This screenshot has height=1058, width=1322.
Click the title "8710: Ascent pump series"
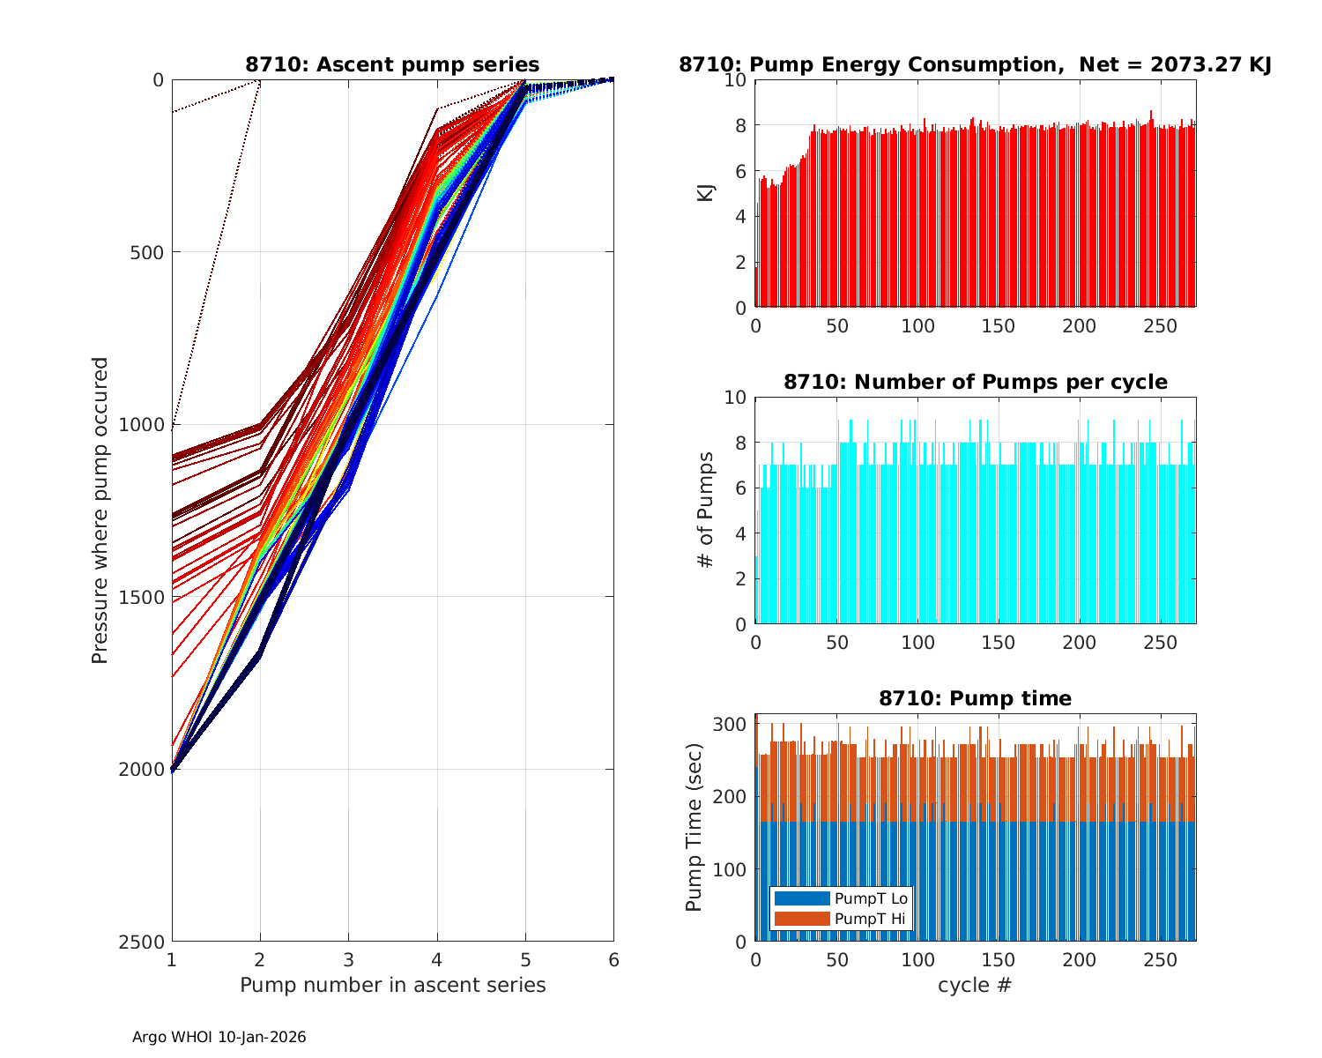click(392, 64)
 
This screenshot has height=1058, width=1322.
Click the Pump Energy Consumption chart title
click(975, 64)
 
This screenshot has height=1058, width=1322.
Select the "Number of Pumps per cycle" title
click(975, 382)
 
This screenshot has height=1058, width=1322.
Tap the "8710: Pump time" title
click(975, 698)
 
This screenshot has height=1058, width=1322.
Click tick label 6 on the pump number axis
click(613, 960)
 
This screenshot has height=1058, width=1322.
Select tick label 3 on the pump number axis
click(348, 960)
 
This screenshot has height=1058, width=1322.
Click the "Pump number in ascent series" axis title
click(392, 985)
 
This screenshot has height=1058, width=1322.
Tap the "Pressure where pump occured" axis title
click(100, 510)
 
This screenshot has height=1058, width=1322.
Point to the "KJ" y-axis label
click(706, 192)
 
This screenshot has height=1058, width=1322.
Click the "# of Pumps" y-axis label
click(706, 510)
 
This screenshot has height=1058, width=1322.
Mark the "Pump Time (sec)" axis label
click(695, 827)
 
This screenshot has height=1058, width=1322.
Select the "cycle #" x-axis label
click(975, 985)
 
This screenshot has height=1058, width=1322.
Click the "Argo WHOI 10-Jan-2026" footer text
click(219, 1037)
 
